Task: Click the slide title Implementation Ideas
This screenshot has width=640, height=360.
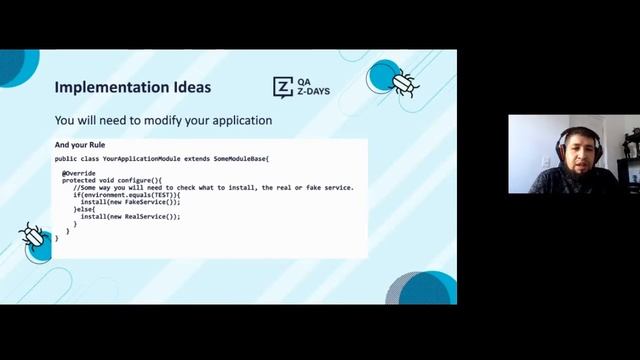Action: click(132, 87)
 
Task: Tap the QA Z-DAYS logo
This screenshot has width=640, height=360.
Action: click(301, 87)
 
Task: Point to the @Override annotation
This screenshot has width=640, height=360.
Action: click(79, 172)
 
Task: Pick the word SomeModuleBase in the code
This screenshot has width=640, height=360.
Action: click(240, 158)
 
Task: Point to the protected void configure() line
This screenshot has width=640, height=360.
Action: click(111, 180)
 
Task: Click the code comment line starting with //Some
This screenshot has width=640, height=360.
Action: click(200, 187)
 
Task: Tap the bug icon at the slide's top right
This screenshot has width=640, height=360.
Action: click(405, 82)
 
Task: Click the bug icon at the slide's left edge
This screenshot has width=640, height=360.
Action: click(32, 235)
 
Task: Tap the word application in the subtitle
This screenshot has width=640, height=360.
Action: click(235, 121)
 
